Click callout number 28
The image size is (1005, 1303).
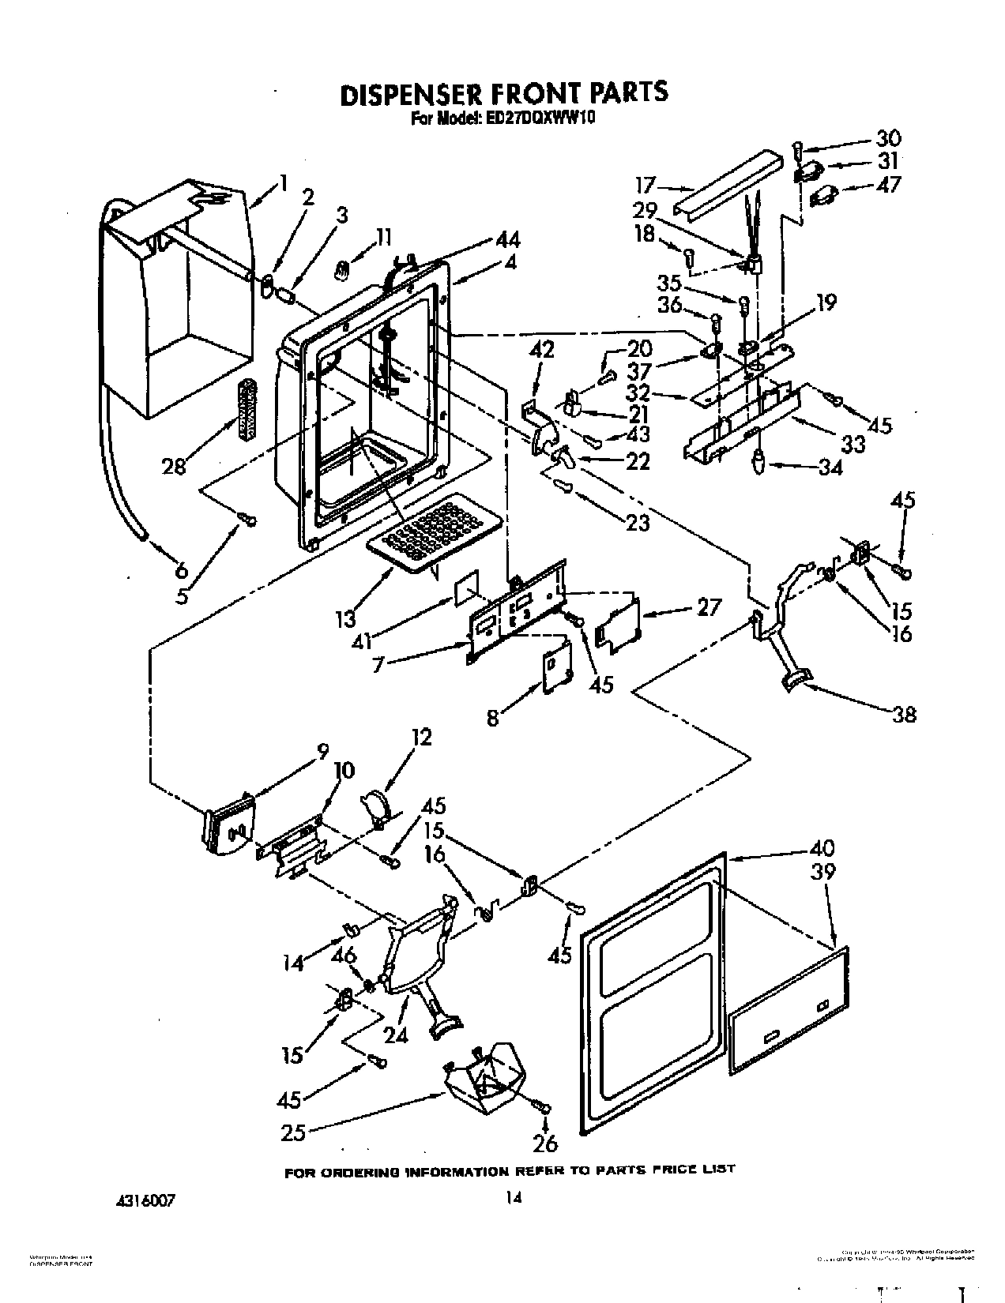(x=174, y=466)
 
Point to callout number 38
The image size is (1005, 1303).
(x=904, y=715)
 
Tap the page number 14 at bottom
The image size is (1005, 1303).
(x=514, y=1198)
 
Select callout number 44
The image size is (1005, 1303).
(x=508, y=240)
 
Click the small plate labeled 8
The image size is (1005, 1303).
(x=556, y=667)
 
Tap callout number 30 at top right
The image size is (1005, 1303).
(x=888, y=138)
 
